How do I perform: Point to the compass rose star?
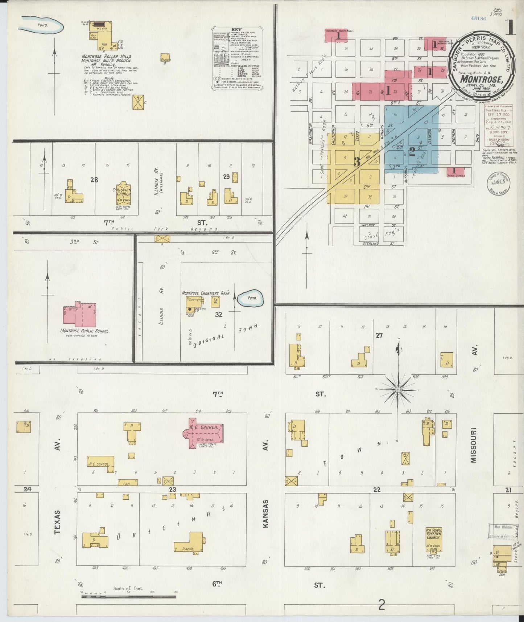398,389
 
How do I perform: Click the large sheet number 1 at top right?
511,27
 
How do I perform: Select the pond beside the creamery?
251,298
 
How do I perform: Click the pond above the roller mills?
41,25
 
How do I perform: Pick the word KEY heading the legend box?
236,29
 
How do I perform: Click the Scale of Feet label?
128,589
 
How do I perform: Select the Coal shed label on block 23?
127,482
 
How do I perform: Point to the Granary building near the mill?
166,58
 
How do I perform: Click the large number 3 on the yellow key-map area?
357,162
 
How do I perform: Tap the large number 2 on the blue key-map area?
412,152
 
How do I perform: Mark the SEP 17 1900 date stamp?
499,115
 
